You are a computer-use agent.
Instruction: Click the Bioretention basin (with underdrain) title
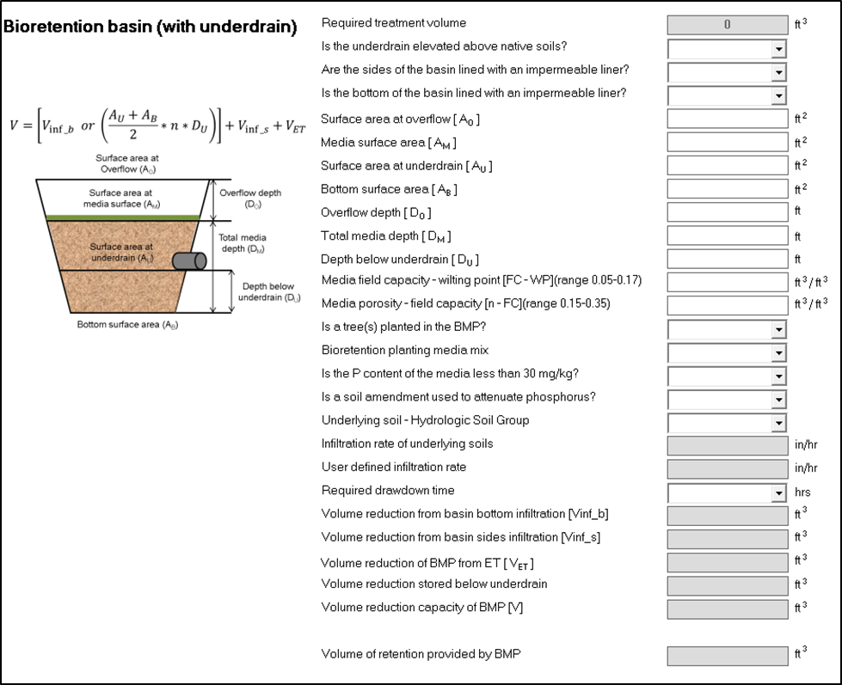point(151,28)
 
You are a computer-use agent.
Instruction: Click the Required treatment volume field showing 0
point(727,25)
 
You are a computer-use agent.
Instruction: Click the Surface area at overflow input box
point(727,119)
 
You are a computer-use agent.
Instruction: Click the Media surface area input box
point(727,142)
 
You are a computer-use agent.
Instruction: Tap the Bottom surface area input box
point(727,188)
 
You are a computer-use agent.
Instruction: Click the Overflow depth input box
point(727,211)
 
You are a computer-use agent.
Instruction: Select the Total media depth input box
point(727,235)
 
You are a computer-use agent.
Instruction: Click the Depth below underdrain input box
point(727,259)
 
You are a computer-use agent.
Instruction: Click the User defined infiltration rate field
point(727,468)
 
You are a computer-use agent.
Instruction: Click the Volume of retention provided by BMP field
point(727,656)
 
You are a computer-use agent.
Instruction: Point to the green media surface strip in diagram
point(124,217)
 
